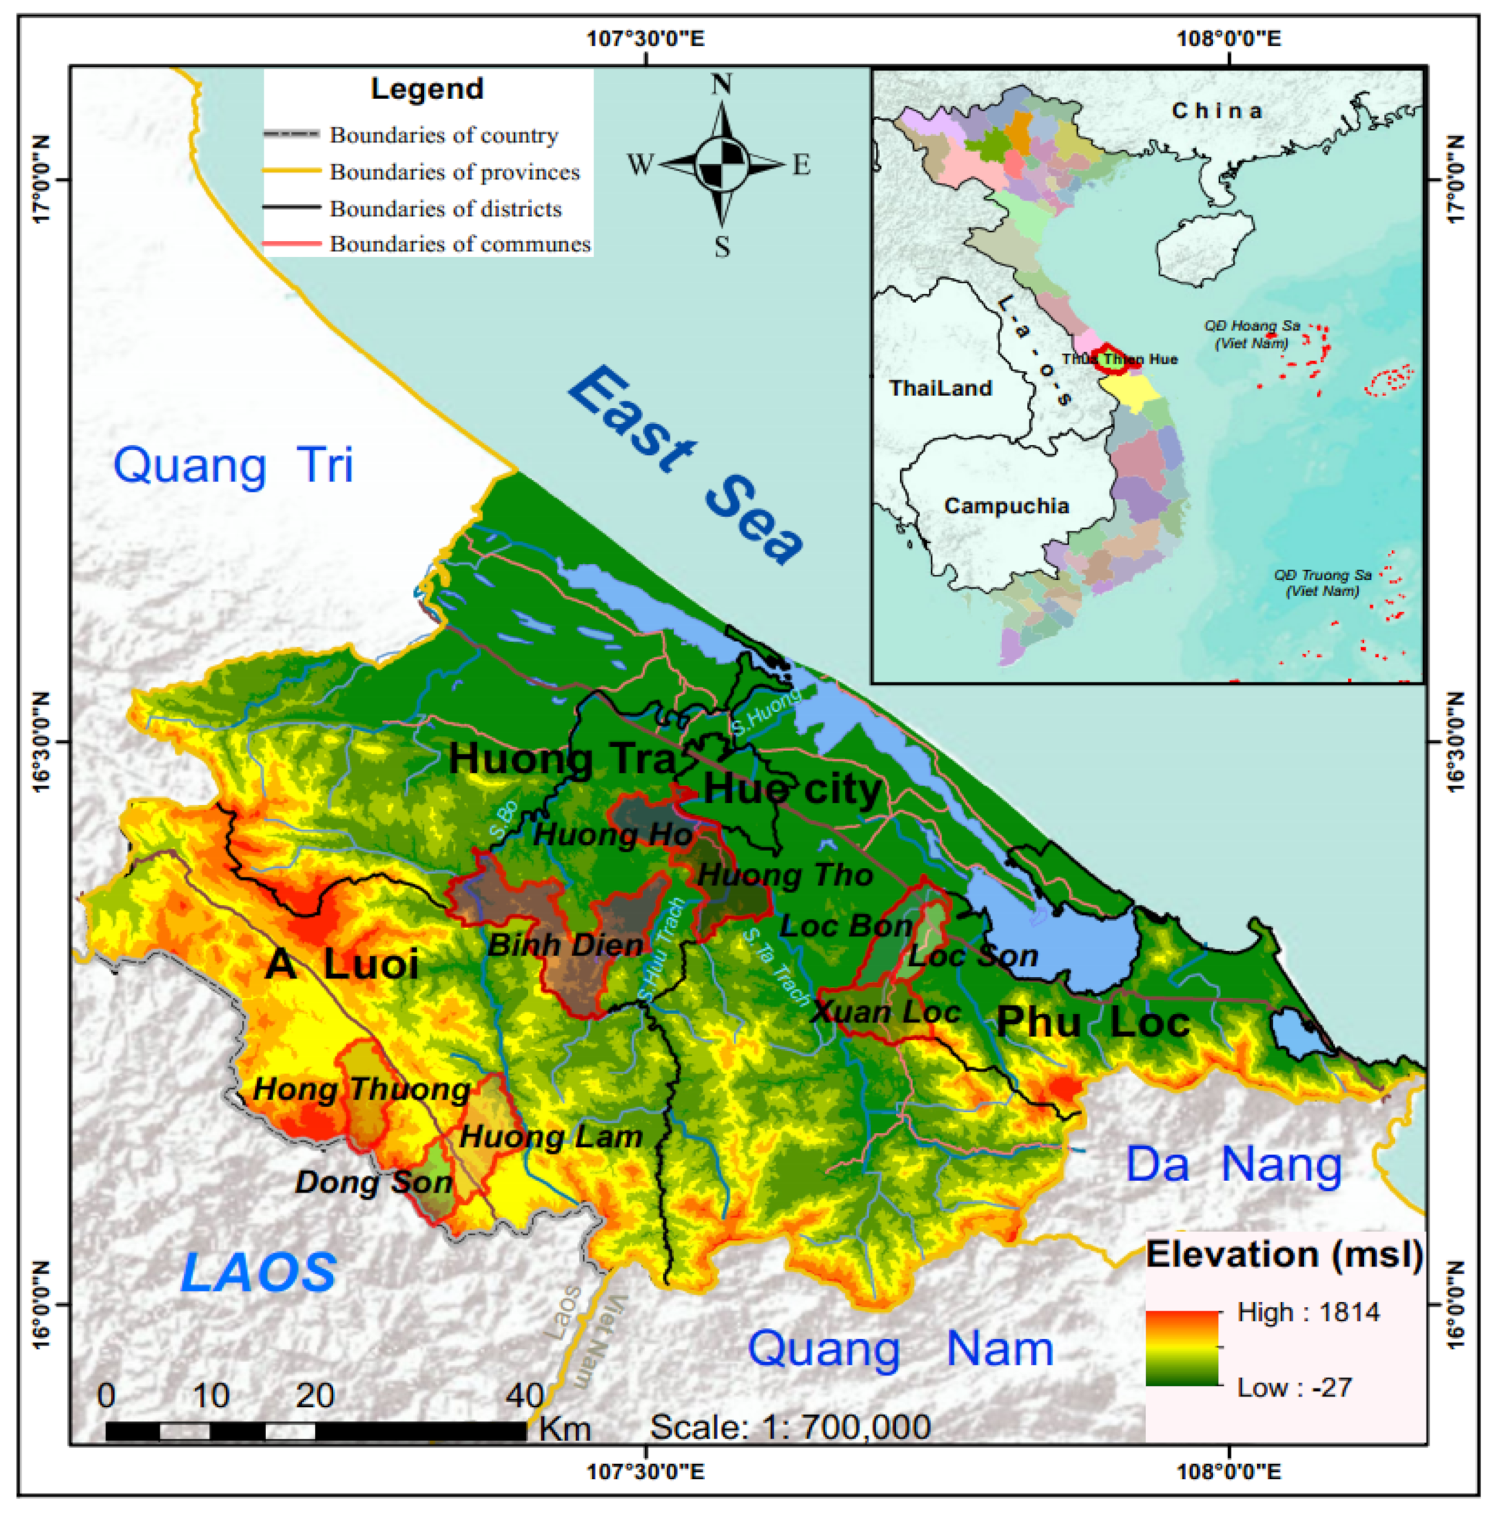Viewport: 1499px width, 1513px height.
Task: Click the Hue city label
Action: [x=792, y=789]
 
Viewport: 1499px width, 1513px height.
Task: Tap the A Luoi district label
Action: [x=342, y=963]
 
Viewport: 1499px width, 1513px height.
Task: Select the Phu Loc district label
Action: [x=1092, y=1022]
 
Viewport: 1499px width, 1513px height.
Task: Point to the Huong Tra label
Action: [x=561, y=759]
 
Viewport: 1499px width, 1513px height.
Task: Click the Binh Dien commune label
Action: [x=566, y=945]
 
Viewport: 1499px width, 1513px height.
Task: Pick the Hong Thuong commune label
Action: [x=362, y=1089]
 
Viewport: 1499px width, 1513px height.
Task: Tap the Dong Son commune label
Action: [x=373, y=1182]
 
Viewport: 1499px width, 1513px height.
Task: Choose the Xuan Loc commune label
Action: [x=886, y=1012]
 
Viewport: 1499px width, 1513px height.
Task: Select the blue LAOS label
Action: [x=259, y=1273]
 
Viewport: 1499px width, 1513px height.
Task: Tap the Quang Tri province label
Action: [x=233, y=465]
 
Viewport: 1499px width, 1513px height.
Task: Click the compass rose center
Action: [x=721, y=165]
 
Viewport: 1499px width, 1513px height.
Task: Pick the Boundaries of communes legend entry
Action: [x=459, y=244]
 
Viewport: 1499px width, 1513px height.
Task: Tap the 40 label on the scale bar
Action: [x=524, y=1395]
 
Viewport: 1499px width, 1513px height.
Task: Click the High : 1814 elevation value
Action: [x=1308, y=1312]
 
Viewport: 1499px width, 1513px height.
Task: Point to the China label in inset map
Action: [x=1217, y=111]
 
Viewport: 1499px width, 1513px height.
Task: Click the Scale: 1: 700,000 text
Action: [x=790, y=1427]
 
